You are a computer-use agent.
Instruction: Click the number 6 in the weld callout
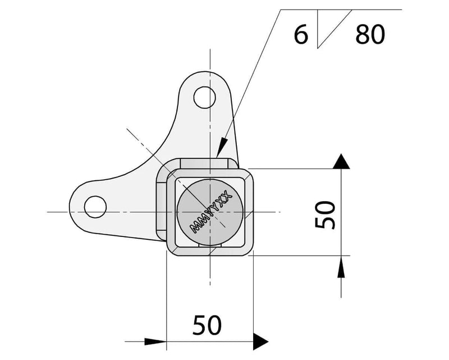click(x=301, y=35)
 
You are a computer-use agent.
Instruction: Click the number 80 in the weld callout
click(x=370, y=35)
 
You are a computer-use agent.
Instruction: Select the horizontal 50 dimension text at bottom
click(x=207, y=324)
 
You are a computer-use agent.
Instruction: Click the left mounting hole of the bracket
click(x=95, y=206)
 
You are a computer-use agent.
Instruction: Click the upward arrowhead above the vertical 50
click(x=340, y=162)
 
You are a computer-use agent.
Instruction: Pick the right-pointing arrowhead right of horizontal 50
click(x=260, y=340)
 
